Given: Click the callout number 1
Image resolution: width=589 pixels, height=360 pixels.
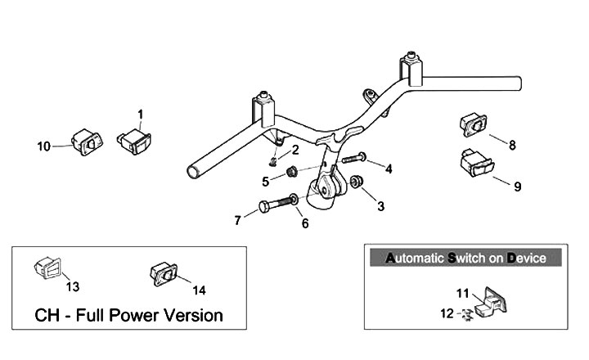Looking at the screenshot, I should point(140,114).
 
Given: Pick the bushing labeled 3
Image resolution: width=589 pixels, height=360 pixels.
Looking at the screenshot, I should point(357,180).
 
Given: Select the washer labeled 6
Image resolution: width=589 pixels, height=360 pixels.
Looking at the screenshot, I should point(293,199).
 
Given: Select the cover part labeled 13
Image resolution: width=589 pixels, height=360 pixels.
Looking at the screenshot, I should point(47,267).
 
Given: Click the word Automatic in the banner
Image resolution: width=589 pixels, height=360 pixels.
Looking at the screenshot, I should point(415,259).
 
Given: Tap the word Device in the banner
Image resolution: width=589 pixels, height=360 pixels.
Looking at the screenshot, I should point(526,259).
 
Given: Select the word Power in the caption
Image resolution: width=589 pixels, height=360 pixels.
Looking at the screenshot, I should point(138,315).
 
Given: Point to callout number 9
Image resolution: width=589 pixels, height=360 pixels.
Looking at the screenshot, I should point(517,187).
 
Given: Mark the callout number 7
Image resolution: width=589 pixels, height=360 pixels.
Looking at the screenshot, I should point(238,220).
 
